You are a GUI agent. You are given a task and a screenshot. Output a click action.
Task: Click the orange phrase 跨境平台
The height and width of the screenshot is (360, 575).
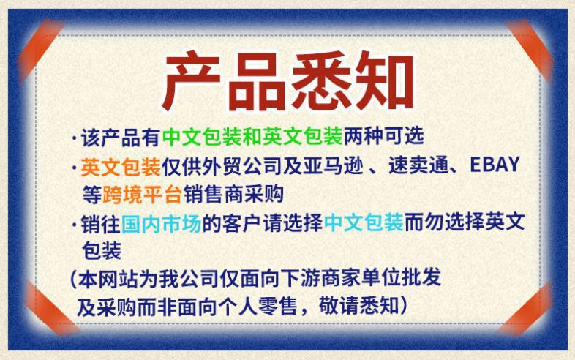pyautogui.click(x=132, y=194)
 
